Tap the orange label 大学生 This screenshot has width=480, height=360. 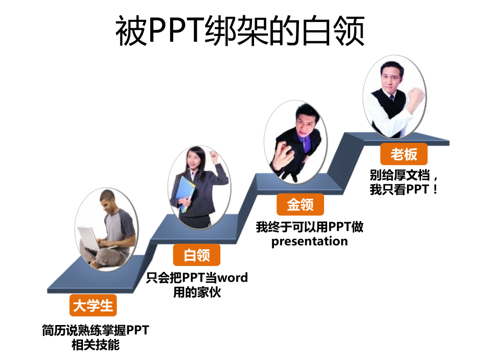tap(93, 306)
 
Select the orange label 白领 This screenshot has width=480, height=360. tap(197, 256)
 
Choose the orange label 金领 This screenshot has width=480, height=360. tap(300, 205)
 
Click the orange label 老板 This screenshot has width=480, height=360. tap(404, 154)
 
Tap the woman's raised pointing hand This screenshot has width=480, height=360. tap(213, 155)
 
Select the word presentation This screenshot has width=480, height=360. tap(309, 242)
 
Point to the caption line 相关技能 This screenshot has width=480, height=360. tap(95, 345)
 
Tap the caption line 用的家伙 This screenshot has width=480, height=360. tap(197, 292)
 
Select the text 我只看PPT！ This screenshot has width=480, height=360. tap(404, 190)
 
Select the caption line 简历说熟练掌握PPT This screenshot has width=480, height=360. tap(95, 330)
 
